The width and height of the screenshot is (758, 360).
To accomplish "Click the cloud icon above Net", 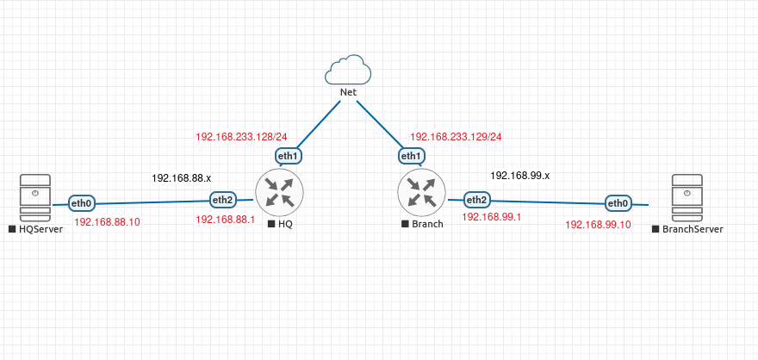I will point(348,70).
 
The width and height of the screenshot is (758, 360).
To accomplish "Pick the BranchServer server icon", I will point(687,197).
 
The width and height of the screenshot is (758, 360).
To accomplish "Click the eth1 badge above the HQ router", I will point(288,156).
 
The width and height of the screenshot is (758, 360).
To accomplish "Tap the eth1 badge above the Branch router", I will point(411,156).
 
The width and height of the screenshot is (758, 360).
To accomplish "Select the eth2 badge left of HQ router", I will point(223,200).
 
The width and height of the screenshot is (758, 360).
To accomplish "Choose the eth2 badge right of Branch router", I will point(476,200).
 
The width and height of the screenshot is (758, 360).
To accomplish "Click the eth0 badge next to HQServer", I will point(82,204).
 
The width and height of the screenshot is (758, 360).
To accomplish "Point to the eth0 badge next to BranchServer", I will point(618,203).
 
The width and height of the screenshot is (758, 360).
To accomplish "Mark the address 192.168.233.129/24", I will point(456,136).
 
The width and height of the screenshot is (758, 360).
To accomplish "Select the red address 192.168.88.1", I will point(226,220).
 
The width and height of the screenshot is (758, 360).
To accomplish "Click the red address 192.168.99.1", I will point(492,217).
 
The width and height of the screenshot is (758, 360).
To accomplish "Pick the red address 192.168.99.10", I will point(597,224).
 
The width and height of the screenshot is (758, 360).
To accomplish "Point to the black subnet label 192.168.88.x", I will point(182,177).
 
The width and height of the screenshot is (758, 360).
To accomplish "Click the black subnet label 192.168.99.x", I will point(520,175).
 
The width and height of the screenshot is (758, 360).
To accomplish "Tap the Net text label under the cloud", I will point(348,91).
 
